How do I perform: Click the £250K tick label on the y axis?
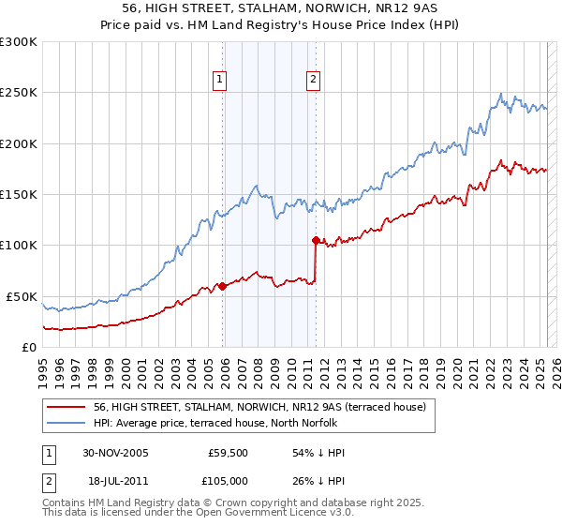point(19,93)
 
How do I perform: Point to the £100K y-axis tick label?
point(19,246)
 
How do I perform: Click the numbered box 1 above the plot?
point(219,80)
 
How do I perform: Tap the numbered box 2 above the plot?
point(312,80)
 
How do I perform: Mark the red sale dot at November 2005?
point(223,286)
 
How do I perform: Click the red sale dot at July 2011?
point(316,240)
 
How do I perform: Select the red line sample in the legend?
point(67,407)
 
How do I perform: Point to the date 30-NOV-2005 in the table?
point(115,453)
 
